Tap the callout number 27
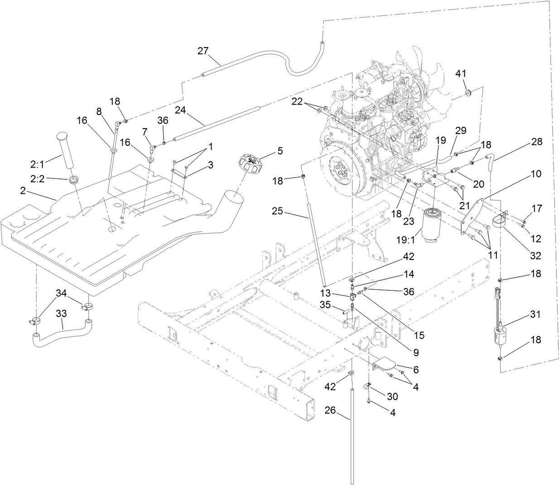coord(203,51)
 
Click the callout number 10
coord(535,174)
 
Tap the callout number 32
coord(535,255)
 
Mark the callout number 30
coord(392,396)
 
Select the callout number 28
coord(536,142)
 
